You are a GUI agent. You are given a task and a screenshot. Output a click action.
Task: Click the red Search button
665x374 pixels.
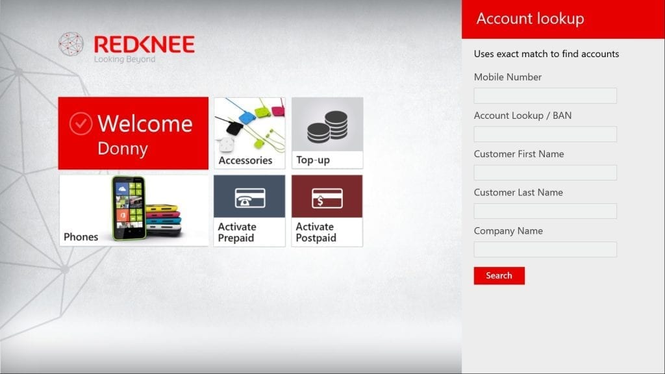(499, 275)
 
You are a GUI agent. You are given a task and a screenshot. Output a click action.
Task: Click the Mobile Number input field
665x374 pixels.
(545, 96)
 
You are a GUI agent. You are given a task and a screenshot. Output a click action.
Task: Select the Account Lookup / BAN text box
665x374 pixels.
(545, 134)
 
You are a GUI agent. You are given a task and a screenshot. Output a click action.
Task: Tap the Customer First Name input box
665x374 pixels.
(545, 173)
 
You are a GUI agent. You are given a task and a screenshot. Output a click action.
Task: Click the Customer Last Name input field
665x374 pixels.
(545, 211)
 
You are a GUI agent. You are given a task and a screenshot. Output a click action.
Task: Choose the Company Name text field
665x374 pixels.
(545, 249)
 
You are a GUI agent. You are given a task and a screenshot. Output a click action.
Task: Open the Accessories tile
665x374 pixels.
(249, 133)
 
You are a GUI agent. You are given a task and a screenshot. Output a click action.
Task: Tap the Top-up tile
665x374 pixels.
(327, 133)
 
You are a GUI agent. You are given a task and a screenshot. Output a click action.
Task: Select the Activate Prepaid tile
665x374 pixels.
(249, 211)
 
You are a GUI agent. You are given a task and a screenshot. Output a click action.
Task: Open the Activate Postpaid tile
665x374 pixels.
(327, 211)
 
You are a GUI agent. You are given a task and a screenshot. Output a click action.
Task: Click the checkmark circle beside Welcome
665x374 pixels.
(81, 123)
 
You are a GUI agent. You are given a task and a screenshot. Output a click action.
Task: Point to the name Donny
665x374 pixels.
(123, 149)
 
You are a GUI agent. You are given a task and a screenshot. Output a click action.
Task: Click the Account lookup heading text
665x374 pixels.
(530, 18)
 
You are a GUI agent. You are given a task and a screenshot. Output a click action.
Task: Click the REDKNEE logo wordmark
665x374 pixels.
(144, 44)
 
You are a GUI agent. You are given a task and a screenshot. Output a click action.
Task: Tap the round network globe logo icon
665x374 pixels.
(71, 44)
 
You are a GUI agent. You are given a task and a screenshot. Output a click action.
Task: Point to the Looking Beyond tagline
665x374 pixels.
(125, 59)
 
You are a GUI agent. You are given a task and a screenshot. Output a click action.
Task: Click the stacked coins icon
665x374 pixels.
(327, 127)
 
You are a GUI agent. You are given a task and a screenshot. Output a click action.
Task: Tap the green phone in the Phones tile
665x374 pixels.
(129, 208)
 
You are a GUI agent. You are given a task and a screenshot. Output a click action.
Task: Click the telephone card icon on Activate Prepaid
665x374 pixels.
(250, 198)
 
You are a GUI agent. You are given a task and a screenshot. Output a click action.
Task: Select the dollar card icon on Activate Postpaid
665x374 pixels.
(327, 198)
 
